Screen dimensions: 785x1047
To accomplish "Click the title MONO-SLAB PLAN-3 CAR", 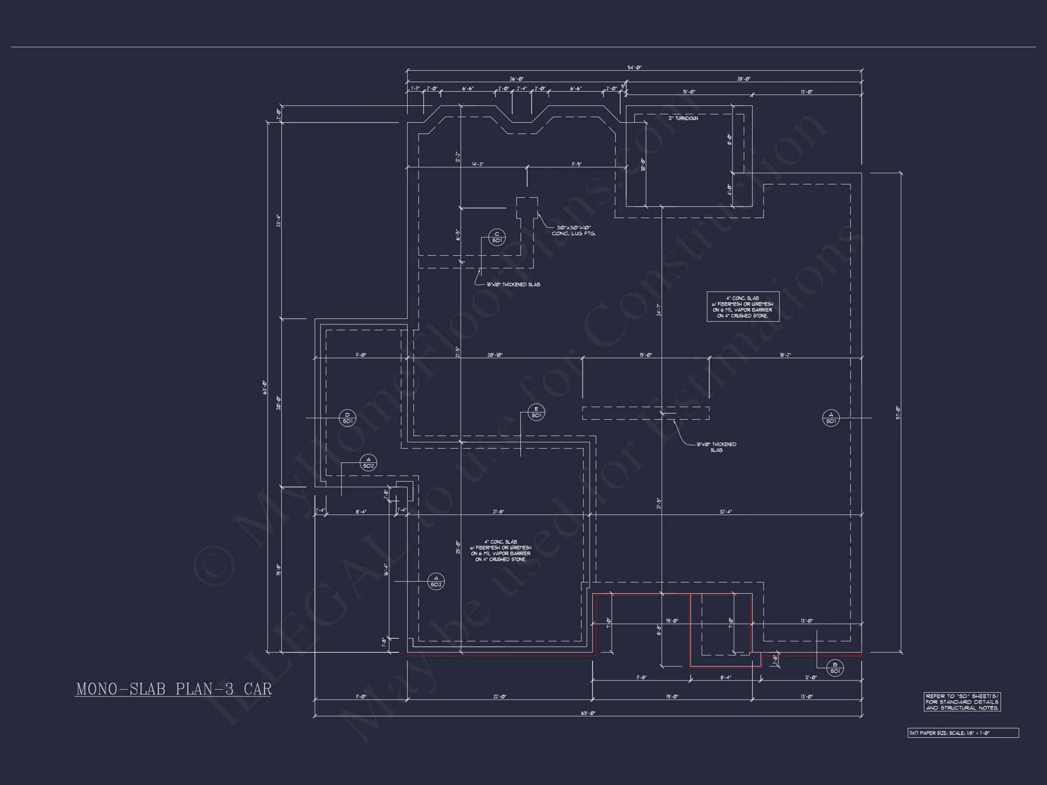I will point(174,689).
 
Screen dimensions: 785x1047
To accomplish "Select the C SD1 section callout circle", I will point(497,237).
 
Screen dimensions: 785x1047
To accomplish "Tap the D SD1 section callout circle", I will point(348,418).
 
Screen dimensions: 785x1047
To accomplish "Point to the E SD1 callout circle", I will point(536,412).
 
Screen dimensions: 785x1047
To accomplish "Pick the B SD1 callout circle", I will point(834,668).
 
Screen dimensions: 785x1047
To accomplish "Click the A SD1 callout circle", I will point(831,418).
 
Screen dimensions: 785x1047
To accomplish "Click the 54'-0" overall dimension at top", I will point(634,67).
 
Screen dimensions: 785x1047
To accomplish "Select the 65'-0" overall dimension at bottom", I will point(588,713).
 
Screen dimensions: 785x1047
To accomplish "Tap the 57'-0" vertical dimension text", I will point(897,412).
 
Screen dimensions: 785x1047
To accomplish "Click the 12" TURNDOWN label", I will point(683,118).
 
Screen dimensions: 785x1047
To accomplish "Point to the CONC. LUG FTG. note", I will point(573,230).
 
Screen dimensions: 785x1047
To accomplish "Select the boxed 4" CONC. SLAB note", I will point(743,307).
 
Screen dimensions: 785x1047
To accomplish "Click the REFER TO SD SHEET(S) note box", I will point(962,702).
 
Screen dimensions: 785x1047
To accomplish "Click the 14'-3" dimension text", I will point(478,164).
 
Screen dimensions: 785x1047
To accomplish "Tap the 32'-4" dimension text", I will point(726,512).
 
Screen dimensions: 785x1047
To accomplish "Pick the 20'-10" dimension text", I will point(495,354).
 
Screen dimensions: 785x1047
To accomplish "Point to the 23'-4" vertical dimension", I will point(279,220).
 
